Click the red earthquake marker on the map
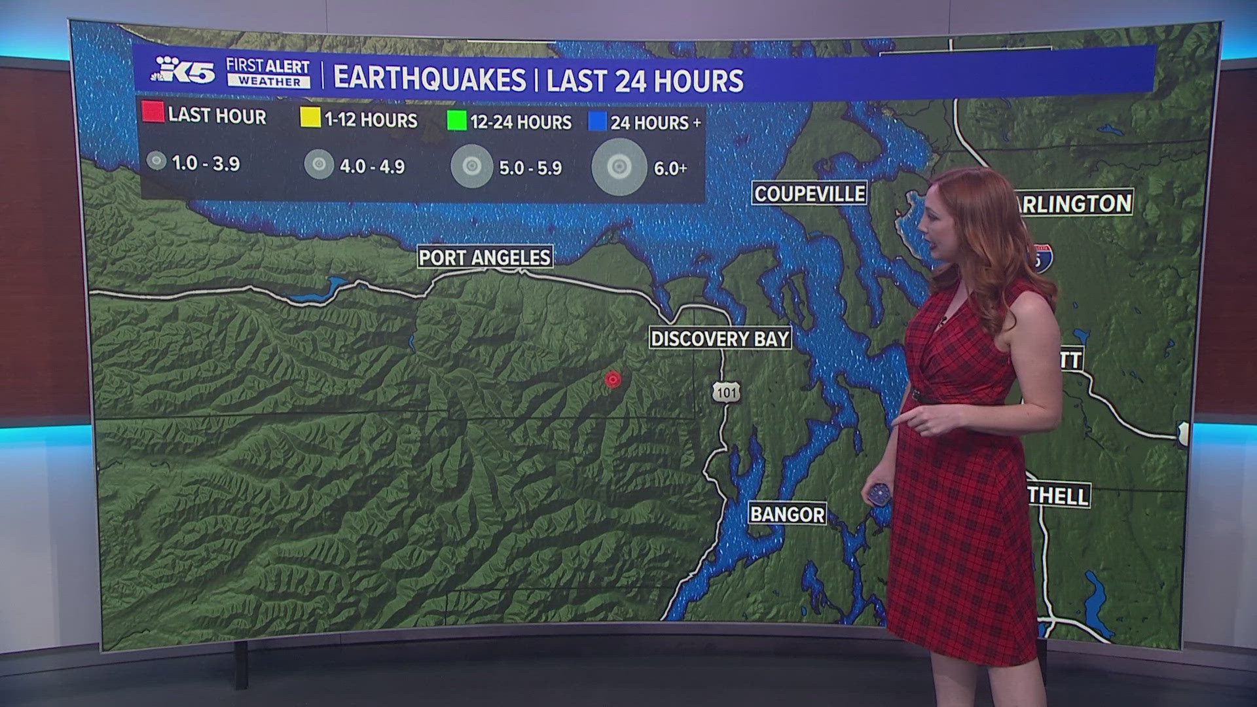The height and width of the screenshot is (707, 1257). pyautogui.click(x=613, y=379)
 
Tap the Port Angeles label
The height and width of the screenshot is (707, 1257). pyautogui.click(x=485, y=257)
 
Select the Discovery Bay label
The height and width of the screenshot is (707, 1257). pyautogui.click(x=720, y=338)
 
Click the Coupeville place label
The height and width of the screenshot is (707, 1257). pyautogui.click(x=809, y=194)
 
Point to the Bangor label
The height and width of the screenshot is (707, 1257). pyautogui.click(x=787, y=514)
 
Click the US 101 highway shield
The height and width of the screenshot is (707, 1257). pyautogui.click(x=726, y=392)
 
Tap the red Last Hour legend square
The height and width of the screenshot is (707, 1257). pyautogui.click(x=153, y=112)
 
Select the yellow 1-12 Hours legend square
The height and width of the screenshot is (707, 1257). pyautogui.click(x=310, y=117)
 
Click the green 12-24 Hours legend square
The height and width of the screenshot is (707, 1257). pyautogui.click(x=456, y=120)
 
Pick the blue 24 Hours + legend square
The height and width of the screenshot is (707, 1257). pyautogui.click(x=597, y=121)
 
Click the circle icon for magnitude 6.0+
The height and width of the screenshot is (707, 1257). pyautogui.click(x=619, y=167)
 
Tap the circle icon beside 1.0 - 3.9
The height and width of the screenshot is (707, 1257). pyautogui.click(x=156, y=160)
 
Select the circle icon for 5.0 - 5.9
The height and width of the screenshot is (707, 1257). pyautogui.click(x=471, y=166)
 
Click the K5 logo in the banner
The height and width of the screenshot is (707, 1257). pyautogui.click(x=184, y=71)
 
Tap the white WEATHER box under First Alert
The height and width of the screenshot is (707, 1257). pyautogui.click(x=269, y=81)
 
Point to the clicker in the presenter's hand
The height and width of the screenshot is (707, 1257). pyautogui.click(x=879, y=494)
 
